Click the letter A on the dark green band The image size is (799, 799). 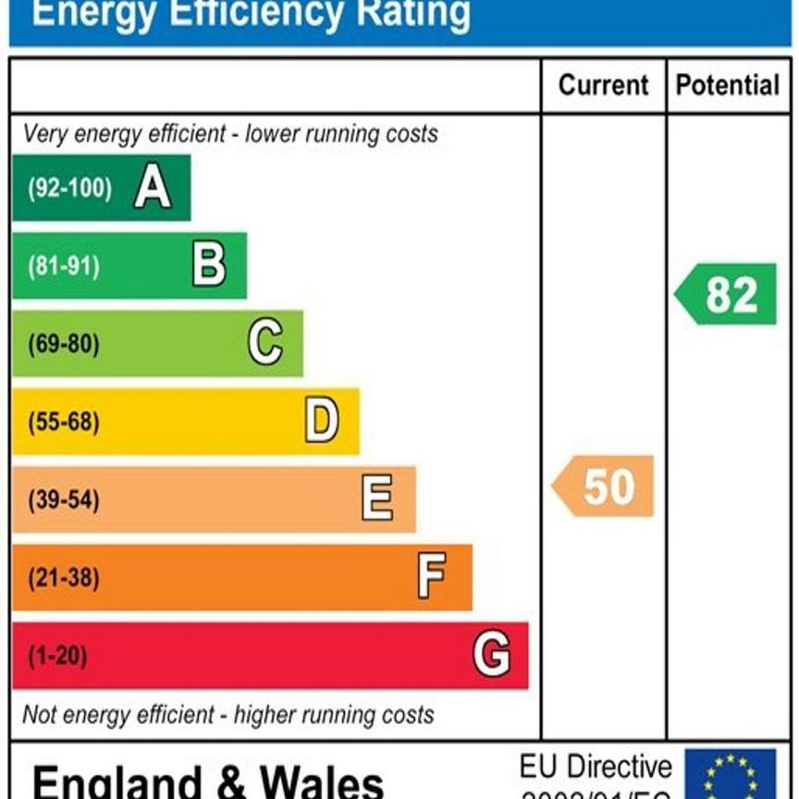(153, 189)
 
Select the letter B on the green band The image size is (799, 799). (209, 266)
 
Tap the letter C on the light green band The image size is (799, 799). (265, 344)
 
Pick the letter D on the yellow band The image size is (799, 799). (322, 422)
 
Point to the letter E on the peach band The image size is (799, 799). (377, 499)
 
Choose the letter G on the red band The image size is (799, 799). (491, 656)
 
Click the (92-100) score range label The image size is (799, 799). (69, 189)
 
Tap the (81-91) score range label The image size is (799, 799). (63, 266)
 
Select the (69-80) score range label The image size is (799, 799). (63, 344)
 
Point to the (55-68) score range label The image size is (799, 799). (63, 423)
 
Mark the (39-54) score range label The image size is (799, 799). (63, 500)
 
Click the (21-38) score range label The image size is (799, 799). (63, 578)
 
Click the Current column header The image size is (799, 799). (603, 86)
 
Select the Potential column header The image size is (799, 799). (728, 86)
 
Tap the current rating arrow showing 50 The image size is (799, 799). (604, 486)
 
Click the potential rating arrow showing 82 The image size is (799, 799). (727, 295)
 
